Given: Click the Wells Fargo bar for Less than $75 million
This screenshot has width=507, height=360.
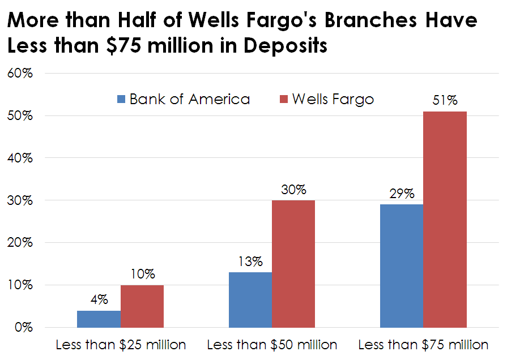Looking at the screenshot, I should pyautogui.click(x=445, y=219).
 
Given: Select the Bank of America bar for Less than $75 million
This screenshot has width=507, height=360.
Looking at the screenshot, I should pyautogui.click(x=402, y=265).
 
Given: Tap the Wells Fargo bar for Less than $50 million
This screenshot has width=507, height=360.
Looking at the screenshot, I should pyautogui.click(x=293, y=264).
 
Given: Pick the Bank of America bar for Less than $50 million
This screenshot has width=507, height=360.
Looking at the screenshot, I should pyautogui.click(x=250, y=299).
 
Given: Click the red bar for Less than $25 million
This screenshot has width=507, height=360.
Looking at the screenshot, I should pyautogui.click(x=142, y=306).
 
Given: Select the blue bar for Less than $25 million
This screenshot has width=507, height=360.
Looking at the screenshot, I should pyautogui.click(x=99, y=319).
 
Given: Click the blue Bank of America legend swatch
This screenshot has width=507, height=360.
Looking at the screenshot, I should pyautogui.click(x=121, y=100).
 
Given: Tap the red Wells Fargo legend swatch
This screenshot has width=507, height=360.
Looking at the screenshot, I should pyautogui.click(x=284, y=100).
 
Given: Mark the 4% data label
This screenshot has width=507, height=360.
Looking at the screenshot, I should pyautogui.click(x=99, y=299).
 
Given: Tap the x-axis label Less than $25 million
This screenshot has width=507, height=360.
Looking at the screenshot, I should pyautogui.click(x=121, y=345).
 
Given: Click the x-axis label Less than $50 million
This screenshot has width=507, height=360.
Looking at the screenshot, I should pyautogui.click(x=272, y=345).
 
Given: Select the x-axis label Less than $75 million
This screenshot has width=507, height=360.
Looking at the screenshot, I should pyautogui.click(x=423, y=345).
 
